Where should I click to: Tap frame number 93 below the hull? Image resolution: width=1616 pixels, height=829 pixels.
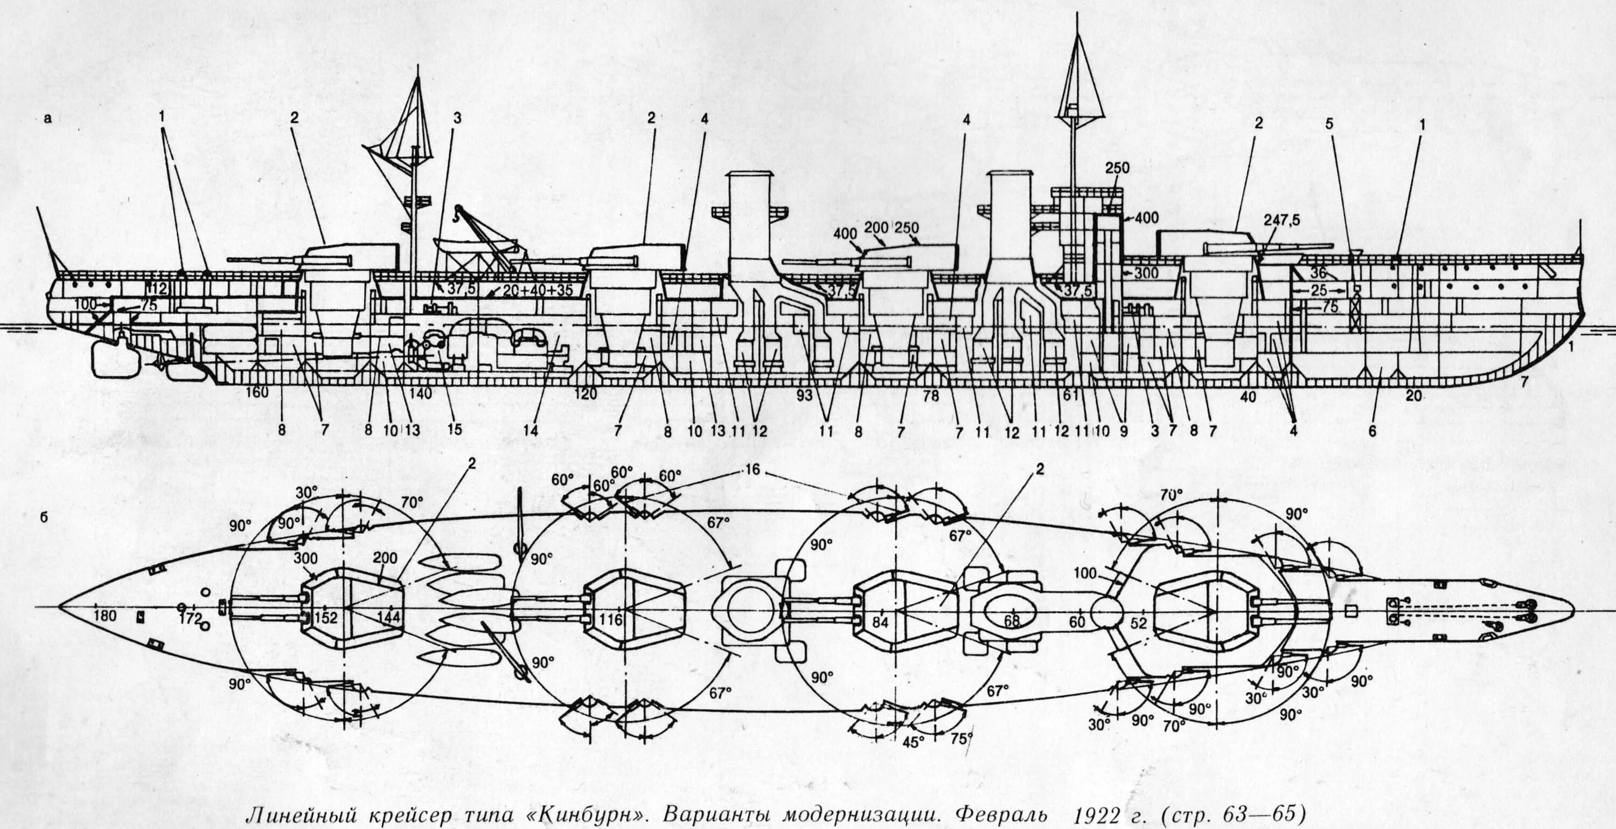pos(804,395)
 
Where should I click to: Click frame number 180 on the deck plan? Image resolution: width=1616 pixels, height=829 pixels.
pos(104,616)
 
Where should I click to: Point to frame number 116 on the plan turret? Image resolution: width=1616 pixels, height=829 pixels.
pos(610,620)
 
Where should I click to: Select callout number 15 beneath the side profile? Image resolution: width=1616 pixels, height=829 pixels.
pos(454,429)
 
